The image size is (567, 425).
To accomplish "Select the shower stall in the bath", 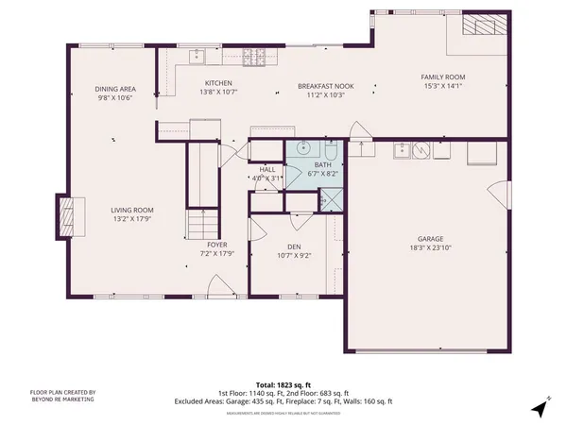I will click(332, 200).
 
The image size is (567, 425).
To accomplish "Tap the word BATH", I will click(324, 165).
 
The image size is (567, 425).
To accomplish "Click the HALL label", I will click(267, 169).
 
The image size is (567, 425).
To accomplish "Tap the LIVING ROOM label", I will click(132, 210).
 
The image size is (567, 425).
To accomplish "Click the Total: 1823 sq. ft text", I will click(283, 385).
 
